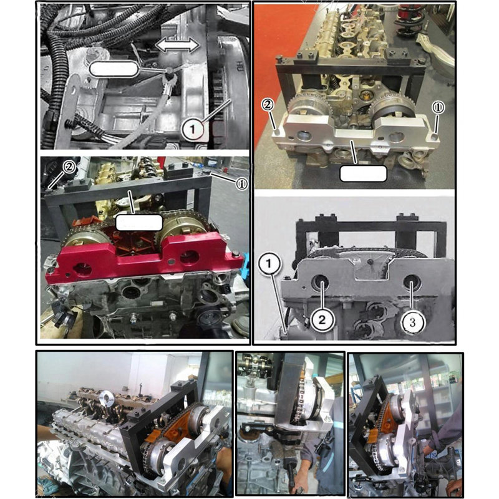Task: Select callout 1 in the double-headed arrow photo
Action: pyautogui.click(x=193, y=130)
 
